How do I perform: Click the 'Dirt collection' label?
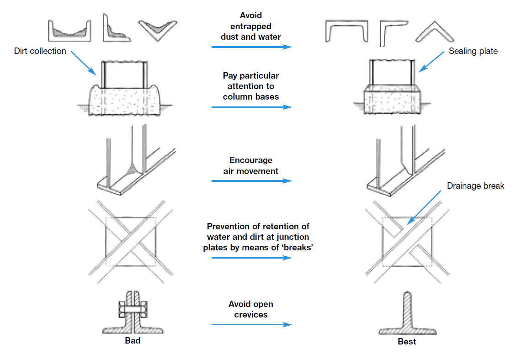(40, 51)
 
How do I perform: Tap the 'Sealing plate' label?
(473, 51)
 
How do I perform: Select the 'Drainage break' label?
(476, 186)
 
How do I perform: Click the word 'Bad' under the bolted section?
(133, 341)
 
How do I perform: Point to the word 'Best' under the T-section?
(407, 342)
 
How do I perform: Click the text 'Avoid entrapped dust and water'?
(250, 26)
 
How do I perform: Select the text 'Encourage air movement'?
(251, 166)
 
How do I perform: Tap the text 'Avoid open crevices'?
(251, 309)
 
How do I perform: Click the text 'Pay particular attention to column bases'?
(251, 86)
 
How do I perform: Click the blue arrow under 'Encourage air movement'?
(251, 181)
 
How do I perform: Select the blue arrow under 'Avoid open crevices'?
(251, 324)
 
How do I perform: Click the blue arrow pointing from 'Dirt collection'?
(84, 63)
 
